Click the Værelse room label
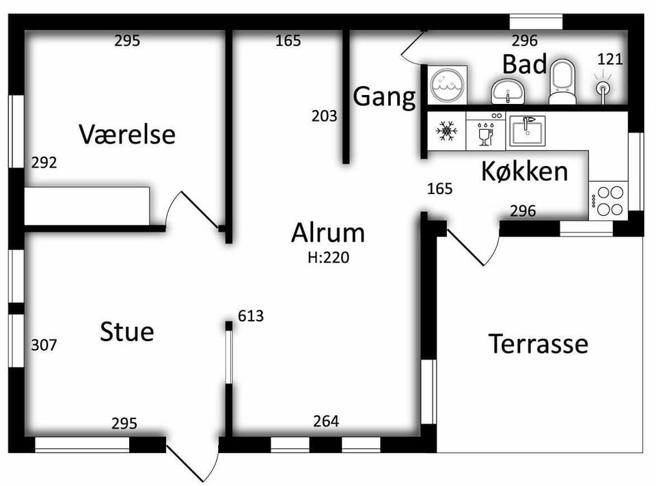[127, 135]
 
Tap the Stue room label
[127, 332]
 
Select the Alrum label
[328, 232]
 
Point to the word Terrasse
[538, 344]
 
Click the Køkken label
[525, 171]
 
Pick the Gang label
[385, 97]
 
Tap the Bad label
[525, 64]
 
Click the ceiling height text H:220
[329, 258]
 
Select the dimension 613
[251, 316]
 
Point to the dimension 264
[326, 421]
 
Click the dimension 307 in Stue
[44, 345]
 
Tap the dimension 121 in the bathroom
[610, 59]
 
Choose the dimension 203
[324, 116]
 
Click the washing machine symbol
[447, 85]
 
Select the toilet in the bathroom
[562, 82]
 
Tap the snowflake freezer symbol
[446, 131]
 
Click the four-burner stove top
[608, 200]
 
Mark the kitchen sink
[527, 131]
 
